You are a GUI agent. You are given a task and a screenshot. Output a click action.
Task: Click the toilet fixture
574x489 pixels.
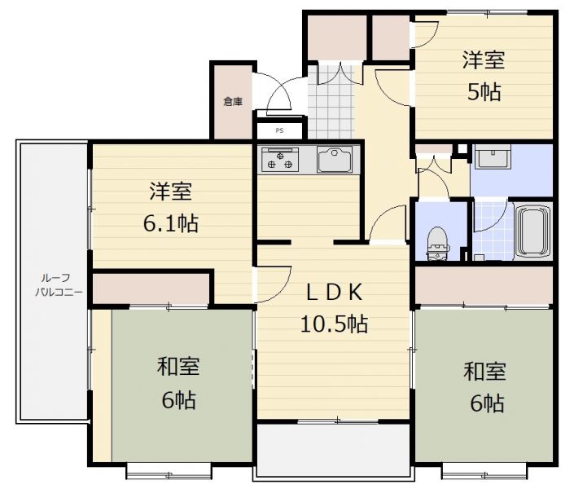tap(438, 244)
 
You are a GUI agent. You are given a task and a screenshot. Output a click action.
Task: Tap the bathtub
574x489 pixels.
tap(532, 231)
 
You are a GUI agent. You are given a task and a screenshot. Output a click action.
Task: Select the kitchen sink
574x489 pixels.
tap(335, 160)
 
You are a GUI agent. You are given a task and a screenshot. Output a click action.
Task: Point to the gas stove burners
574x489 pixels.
tap(280, 160)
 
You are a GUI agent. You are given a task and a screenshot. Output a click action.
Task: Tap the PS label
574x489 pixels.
tap(280, 130)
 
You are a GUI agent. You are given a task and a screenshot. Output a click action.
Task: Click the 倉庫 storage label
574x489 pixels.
tap(233, 102)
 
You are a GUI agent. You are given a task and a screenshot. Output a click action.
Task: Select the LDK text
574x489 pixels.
tap(335, 292)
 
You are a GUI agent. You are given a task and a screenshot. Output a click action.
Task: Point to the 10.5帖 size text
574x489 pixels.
tap(335, 324)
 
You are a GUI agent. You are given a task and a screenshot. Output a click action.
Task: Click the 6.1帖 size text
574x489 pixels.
tap(171, 223)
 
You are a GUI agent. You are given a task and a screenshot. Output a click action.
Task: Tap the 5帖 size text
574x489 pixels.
tap(484, 91)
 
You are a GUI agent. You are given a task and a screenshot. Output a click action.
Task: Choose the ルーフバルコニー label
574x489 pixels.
tap(59, 284)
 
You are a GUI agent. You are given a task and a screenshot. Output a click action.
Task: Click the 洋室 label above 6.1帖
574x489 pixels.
tap(171, 192)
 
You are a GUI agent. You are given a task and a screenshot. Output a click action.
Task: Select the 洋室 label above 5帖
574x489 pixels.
tap(484, 59)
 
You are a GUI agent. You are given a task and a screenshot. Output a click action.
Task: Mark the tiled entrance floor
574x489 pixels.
tap(331, 102)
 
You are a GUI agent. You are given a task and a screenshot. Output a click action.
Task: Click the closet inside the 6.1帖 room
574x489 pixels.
tap(151, 289)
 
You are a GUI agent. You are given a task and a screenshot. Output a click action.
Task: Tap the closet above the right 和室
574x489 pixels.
tap(483, 285)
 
